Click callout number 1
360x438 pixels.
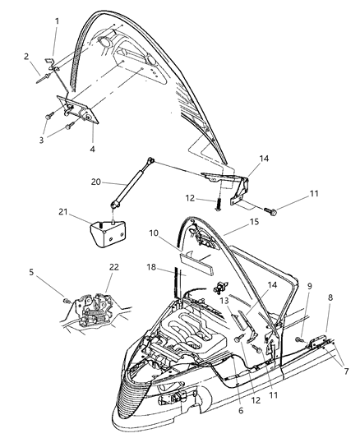(x=57, y=20)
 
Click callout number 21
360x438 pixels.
(x=85, y=213)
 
